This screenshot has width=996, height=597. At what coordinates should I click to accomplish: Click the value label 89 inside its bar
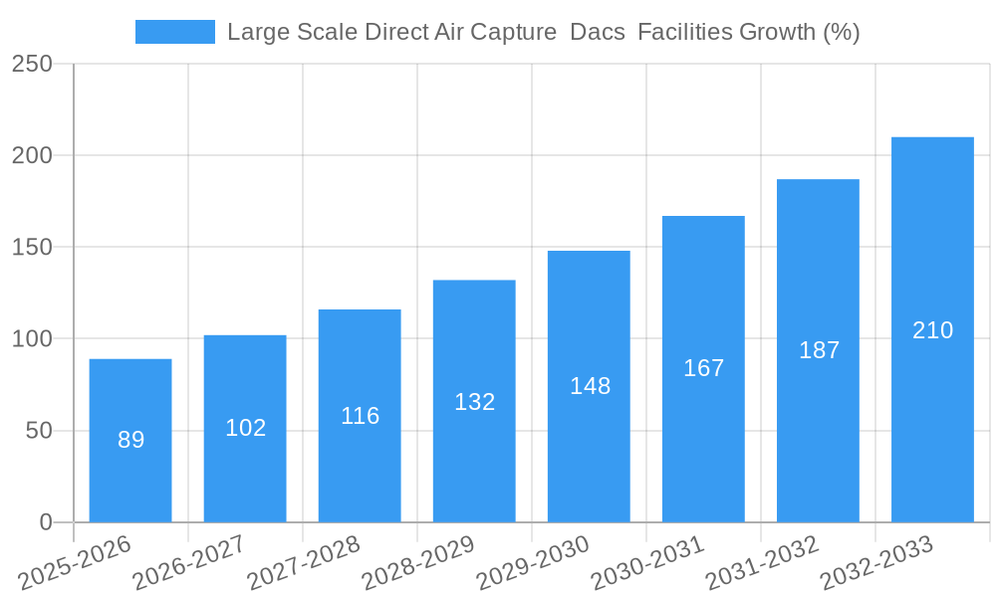click(131, 440)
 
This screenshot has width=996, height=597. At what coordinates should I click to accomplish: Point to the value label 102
click(246, 428)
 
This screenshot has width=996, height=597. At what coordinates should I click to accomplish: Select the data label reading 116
click(360, 416)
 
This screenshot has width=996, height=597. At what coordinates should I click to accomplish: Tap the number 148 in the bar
click(590, 386)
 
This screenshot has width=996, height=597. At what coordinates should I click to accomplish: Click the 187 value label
click(819, 350)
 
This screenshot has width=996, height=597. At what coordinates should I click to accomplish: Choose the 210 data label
click(932, 330)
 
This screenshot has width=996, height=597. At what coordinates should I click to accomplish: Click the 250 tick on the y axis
click(33, 64)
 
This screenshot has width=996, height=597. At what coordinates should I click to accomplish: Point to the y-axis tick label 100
click(33, 339)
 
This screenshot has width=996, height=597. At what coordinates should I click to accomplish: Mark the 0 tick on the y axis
click(45, 522)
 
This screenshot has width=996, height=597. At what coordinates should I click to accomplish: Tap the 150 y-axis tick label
click(33, 247)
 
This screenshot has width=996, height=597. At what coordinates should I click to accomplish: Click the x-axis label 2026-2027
click(189, 563)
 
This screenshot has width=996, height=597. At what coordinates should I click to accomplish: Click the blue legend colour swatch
click(175, 32)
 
